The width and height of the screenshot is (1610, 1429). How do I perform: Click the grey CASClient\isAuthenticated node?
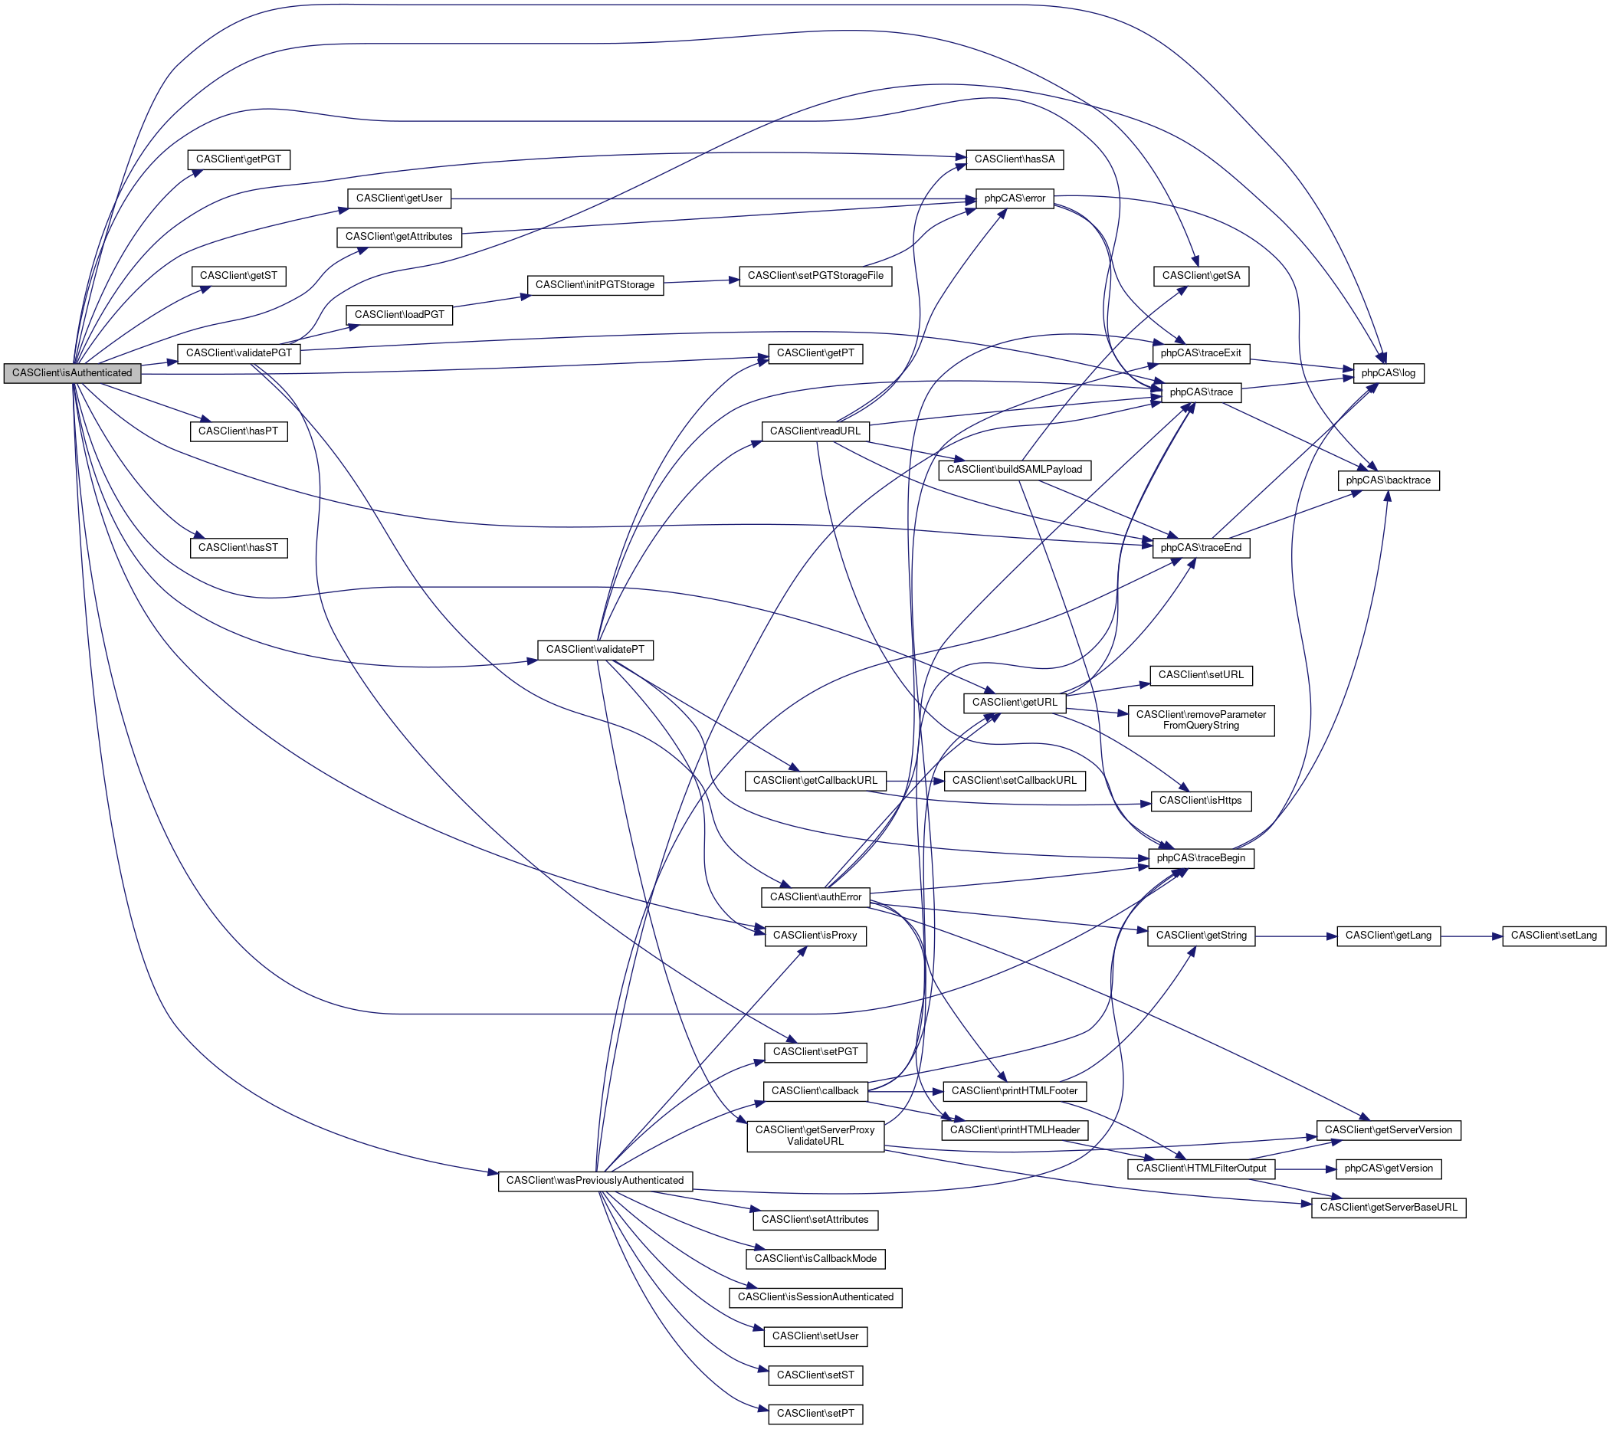pyautogui.click(x=73, y=373)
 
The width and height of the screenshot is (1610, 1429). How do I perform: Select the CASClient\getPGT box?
pyautogui.click(x=238, y=159)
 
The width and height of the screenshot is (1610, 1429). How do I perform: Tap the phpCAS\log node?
pyautogui.click(x=1389, y=373)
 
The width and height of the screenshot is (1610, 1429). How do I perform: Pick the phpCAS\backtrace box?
pyautogui.click(x=1389, y=480)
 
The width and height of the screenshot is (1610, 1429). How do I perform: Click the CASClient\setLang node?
pyautogui.click(x=1554, y=936)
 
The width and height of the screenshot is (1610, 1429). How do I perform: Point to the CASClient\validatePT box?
pyautogui.click(x=595, y=650)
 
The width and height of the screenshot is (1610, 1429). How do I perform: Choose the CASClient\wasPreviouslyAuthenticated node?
pyautogui.click(x=595, y=1181)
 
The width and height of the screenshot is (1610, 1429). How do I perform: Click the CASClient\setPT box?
pyautogui.click(x=815, y=1413)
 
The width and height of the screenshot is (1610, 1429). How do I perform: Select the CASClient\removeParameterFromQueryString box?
pyautogui.click(x=1202, y=720)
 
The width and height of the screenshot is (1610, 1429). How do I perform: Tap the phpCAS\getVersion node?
pyautogui.click(x=1389, y=1168)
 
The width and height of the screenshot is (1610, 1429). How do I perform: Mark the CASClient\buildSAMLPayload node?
pyautogui.click(x=1015, y=470)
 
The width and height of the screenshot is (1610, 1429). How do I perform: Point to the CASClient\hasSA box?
pyautogui.click(x=1015, y=159)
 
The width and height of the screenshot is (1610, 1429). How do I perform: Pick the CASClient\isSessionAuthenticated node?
pyautogui.click(x=815, y=1296)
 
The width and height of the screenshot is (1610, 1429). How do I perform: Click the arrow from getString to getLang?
pyautogui.click(x=1296, y=936)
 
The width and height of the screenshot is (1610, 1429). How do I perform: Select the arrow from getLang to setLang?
pyautogui.click(x=1471, y=936)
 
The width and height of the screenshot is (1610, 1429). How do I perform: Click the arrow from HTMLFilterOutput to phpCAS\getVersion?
pyautogui.click(x=1306, y=1169)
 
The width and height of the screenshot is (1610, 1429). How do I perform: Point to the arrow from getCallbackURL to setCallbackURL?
pyautogui.click(x=915, y=781)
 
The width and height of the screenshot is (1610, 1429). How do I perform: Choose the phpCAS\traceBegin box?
pyautogui.click(x=1202, y=858)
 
